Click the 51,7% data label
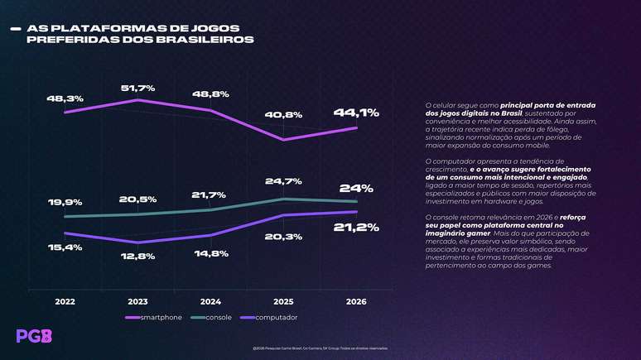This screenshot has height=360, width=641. pos(137,87)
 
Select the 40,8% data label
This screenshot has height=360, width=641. pos(282,114)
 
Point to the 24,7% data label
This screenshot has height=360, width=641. pos(282,180)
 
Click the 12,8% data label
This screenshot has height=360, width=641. pos(137,256)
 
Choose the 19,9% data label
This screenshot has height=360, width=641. pos(65,202)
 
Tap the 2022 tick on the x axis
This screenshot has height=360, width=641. pos(65,302)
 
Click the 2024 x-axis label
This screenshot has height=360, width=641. pos(210,302)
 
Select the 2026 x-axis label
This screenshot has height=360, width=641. pos(356,302)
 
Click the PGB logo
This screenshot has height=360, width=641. pos(34,336)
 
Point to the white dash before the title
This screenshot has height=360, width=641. pos(14,28)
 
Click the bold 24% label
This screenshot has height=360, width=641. pos(356,188)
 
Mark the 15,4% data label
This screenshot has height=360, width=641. pos(65,247)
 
